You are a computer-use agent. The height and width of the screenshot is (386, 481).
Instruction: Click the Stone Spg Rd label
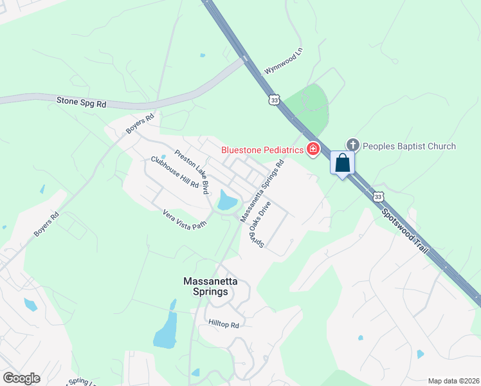(81, 102)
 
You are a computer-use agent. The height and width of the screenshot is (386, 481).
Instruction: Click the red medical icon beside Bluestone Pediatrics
(313, 150)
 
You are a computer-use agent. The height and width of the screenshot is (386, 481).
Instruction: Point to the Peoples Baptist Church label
(408, 146)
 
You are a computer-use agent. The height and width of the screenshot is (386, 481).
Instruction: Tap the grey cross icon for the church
(352, 145)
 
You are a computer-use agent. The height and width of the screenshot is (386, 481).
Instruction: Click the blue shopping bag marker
(343, 163)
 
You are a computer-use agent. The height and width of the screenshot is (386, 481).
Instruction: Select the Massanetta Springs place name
(206, 286)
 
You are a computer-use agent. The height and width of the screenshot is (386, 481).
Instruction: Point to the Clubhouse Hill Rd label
(175, 172)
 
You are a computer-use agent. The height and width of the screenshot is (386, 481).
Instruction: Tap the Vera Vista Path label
(184, 221)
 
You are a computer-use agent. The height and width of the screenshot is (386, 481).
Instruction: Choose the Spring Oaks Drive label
(257, 223)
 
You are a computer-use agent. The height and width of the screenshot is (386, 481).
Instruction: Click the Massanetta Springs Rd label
(262, 191)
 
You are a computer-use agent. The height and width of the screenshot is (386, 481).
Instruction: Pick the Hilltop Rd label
(224, 326)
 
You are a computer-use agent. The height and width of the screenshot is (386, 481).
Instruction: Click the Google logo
(22, 378)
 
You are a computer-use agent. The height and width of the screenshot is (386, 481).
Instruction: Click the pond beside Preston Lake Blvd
(227, 201)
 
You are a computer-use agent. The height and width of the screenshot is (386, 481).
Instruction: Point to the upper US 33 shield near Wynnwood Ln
(275, 100)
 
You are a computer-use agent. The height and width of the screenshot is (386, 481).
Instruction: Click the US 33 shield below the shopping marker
(378, 196)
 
